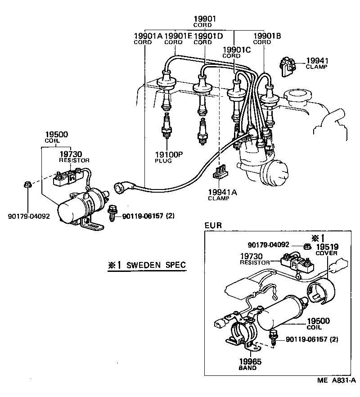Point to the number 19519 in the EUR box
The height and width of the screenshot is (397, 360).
(327, 247)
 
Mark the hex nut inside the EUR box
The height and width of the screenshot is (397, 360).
(307, 246)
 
